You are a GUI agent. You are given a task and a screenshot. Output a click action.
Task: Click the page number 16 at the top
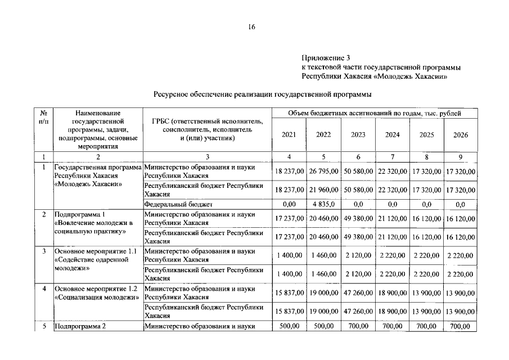(252, 29)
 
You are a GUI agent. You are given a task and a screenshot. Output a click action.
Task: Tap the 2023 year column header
(358, 135)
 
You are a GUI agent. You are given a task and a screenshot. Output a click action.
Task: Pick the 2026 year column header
(460, 135)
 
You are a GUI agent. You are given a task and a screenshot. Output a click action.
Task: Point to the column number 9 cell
(460, 156)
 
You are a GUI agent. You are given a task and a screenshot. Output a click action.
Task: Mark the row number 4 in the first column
(43, 289)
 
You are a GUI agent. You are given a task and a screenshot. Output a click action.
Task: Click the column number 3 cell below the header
(208, 156)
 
